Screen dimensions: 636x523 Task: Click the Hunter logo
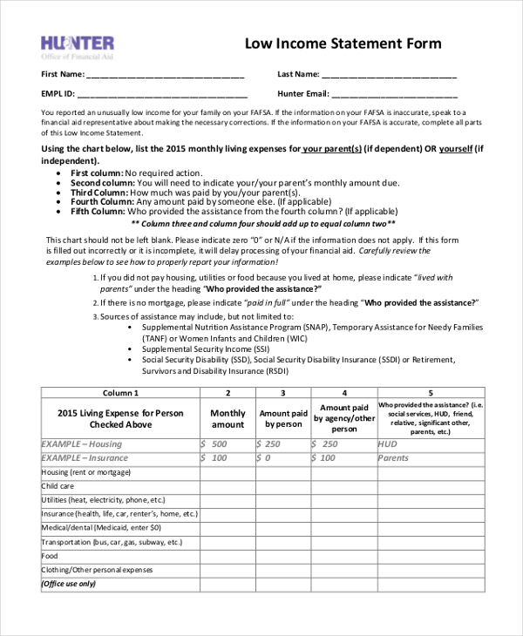point(78,46)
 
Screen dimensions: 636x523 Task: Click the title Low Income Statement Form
point(343,44)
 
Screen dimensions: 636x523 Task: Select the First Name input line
point(165,76)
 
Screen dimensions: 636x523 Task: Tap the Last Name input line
point(390,76)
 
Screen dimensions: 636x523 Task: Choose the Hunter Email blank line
point(394,95)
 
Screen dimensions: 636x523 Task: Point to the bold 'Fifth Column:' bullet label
point(98,211)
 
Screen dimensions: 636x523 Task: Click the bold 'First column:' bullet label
point(97,173)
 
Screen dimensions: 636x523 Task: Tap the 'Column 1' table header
point(120,393)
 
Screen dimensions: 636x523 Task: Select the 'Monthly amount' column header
point(228,419)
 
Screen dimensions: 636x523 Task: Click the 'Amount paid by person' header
point(282,419)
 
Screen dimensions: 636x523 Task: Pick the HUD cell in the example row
point(388,444)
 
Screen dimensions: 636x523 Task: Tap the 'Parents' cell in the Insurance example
point(393,458)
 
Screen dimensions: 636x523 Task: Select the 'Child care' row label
point(58,486)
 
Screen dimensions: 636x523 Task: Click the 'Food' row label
point(50,556)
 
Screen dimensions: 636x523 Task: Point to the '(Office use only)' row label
point(69,584)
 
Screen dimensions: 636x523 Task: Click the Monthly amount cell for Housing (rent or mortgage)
point(228,472)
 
